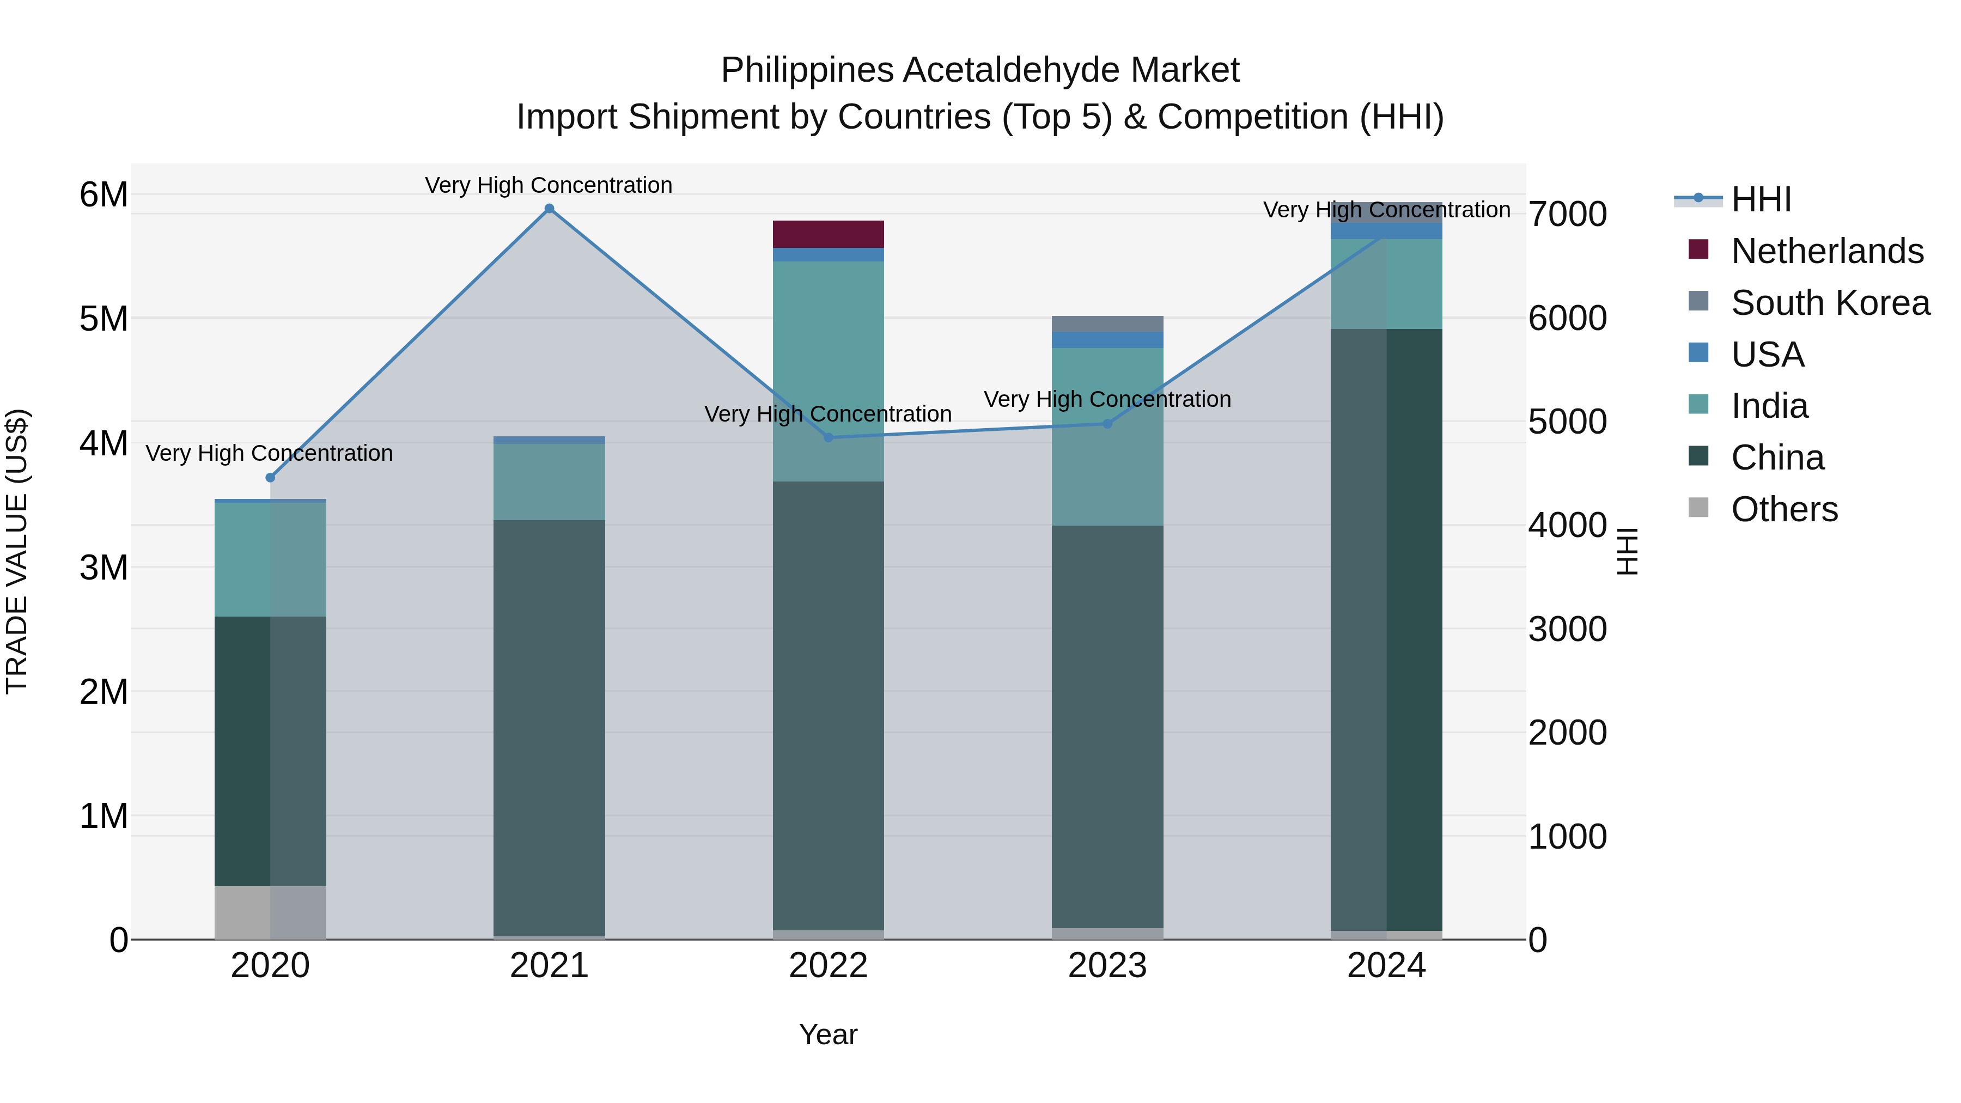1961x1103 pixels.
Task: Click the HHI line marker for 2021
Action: click(x=549, y=209)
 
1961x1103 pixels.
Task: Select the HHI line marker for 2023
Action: click(x=1107, y=424)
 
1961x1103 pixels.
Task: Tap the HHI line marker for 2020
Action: click(x=270, y=477)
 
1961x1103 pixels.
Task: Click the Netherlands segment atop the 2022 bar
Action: click(x=828, y=234)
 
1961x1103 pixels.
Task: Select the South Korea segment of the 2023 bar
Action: click(x=1107, y=324)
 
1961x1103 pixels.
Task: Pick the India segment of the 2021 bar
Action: click(x=549, y=482)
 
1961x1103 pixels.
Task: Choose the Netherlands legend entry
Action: click(x=1827, y=251)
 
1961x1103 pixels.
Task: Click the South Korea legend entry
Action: click(x=1830, y=303)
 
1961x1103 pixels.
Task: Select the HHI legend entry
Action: click(x=1760, y=199)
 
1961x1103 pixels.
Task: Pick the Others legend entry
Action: click(x=1783, y=509)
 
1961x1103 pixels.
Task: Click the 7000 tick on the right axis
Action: click(x=1567, y=214)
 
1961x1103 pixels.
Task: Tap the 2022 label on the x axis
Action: click(x=828, y=966)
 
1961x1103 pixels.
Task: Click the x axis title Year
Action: click(x=828, y=1034)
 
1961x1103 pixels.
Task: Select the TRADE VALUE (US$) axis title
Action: click(x=17, y=551)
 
